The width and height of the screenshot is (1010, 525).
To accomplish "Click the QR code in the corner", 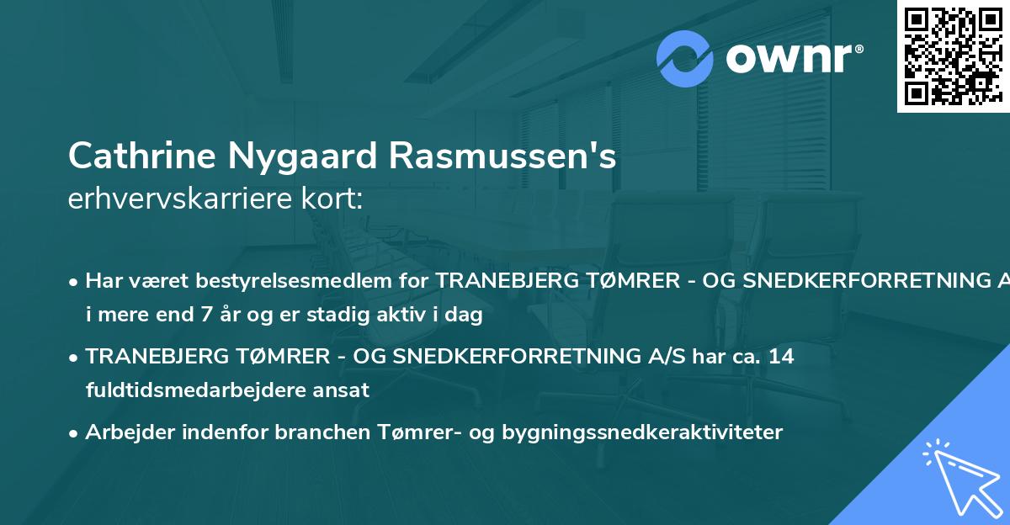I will coord(953,56).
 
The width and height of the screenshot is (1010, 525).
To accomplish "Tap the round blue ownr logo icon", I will coord(685,59).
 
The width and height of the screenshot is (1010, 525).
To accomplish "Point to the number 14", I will coord(781,356).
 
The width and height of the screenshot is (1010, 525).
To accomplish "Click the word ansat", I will coord(343,390).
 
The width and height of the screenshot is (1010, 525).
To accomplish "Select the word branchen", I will coord(274,432).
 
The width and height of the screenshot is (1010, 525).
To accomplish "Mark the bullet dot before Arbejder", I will coord(75,432).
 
